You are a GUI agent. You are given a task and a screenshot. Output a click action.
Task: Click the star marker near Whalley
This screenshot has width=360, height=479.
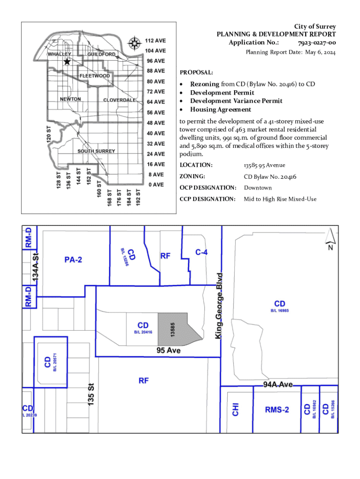point(67,61)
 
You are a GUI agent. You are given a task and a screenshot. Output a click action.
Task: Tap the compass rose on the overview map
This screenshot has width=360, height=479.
point(134,44)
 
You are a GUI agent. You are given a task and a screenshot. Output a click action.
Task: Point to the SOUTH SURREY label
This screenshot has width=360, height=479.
point(96,151)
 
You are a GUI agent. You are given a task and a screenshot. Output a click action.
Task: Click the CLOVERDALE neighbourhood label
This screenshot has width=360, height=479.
point(120,100)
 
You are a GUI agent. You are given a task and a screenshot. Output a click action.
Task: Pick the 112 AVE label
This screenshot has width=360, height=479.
point(155,41)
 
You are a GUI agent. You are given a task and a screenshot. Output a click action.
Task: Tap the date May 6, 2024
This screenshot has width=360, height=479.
point(320,52)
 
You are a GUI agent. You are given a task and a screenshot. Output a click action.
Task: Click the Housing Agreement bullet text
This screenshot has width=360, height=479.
point(220,109)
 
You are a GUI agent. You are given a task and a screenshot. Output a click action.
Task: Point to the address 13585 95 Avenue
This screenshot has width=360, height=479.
point(264,165)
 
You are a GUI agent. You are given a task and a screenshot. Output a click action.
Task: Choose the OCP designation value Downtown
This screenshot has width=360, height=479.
point(258,188)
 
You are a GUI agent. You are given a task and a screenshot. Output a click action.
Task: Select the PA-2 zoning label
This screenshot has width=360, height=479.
point(73,260)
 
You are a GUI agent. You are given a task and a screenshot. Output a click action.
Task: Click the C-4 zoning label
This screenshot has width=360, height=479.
point(202,252)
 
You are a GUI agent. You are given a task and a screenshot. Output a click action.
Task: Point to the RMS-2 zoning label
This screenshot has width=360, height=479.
point(277,410)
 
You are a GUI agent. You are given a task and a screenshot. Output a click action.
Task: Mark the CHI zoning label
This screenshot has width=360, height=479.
point(236,410)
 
